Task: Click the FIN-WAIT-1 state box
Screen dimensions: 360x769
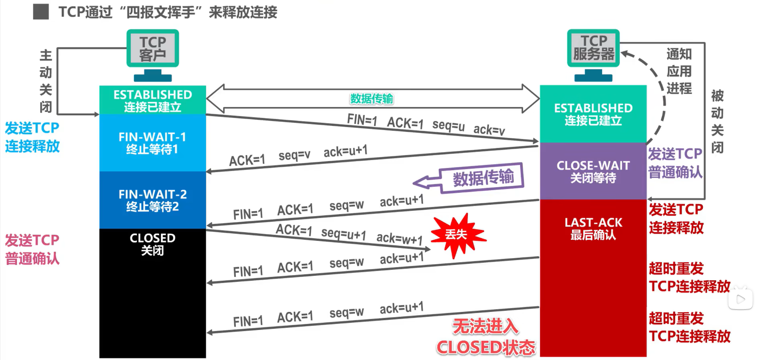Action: point(152,143)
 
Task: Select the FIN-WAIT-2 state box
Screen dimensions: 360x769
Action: point(152,200)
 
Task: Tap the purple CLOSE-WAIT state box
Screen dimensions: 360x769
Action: point(593,171)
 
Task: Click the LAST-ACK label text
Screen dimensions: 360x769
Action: point(593,222)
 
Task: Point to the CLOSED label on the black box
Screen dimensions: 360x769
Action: point(152,238)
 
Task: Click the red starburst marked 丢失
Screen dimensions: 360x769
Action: point(457,235)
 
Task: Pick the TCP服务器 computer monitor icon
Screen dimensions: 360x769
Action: point(593,48)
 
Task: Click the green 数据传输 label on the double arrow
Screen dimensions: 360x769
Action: point(371,99)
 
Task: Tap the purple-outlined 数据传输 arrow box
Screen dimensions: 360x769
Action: point(481,178)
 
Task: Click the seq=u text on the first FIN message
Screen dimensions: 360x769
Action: point(448,125)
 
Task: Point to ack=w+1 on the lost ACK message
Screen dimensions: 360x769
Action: point(399,239)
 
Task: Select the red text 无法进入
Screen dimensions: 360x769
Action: point(485,326)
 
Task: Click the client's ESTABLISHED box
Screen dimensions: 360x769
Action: point(152,100)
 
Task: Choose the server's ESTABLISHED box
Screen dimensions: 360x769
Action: point(593,114)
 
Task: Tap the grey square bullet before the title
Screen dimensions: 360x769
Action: point(41,12)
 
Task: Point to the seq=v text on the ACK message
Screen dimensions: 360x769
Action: point(294,155)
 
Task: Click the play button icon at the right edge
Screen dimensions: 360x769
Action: point(741,299)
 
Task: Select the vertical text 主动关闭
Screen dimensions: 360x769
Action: point(46,81)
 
